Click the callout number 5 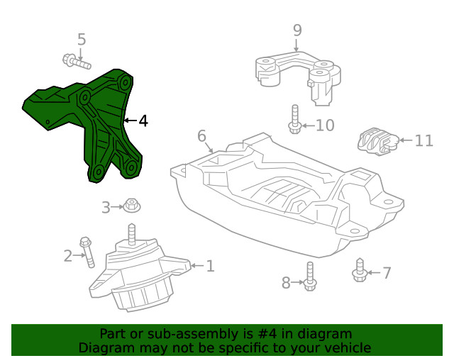click(82, 40)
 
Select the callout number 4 click(143, 121)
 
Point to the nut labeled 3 click(131, 206)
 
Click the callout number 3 click(106, 208)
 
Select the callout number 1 click(210, 267)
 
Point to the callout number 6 click(201, 135)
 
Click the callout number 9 click(297, 30)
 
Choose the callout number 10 click(324, 126)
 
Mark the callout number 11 click(423, 140)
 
